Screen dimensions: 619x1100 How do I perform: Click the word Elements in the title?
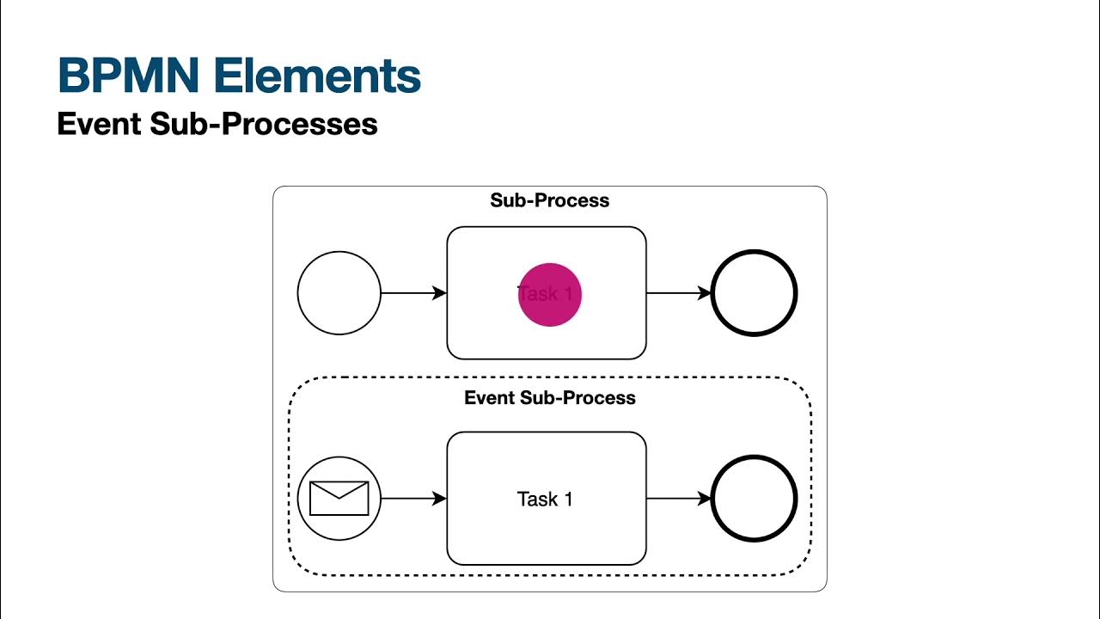[317, 76]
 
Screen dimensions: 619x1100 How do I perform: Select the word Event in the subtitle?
[99, 124]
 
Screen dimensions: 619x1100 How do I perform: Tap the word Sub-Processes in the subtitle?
[264, 124]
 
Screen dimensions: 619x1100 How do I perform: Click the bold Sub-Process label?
[549, 200]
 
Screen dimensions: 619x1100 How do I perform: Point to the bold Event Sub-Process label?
[549, 398]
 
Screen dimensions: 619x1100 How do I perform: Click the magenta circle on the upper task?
[550, 295]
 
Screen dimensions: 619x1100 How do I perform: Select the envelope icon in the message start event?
[339, 499]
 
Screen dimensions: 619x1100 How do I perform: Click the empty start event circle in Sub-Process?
[339, 293]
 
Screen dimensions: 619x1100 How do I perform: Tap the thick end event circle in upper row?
[755, 293]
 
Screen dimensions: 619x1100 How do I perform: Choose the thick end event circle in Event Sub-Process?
[755, 499]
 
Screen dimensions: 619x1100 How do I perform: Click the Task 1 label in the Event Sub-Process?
[545, 499]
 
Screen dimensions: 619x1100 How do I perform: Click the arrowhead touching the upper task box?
[439, 293]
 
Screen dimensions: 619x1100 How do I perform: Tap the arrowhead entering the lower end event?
[705, 499]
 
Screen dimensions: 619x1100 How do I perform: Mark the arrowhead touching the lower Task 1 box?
[439, 499]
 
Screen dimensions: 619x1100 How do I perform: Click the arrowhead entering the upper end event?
[705, 293]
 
